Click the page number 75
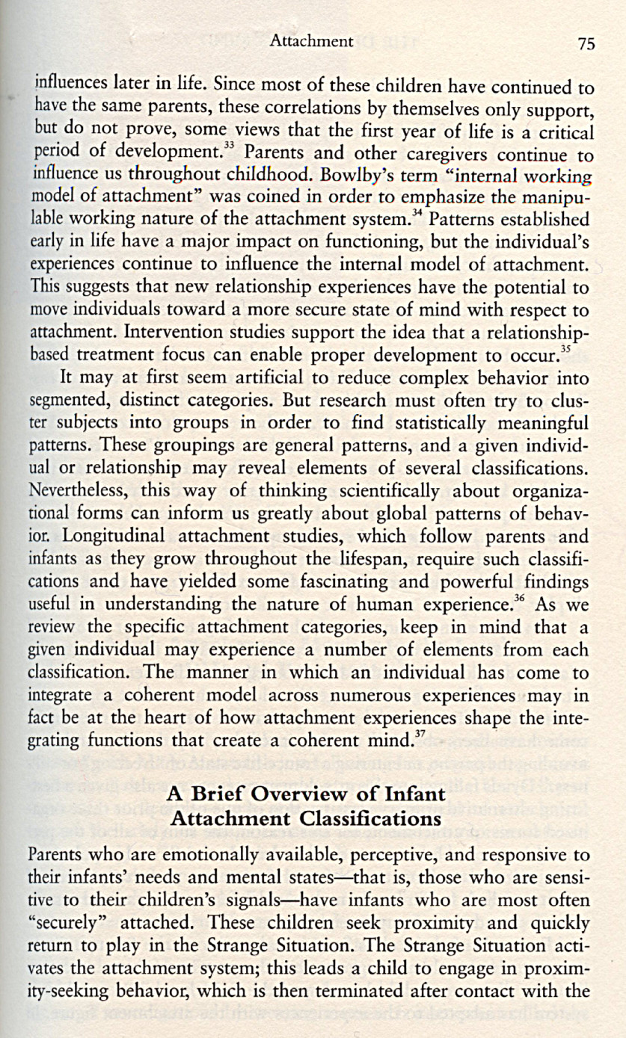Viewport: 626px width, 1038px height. (x=586, y=44)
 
